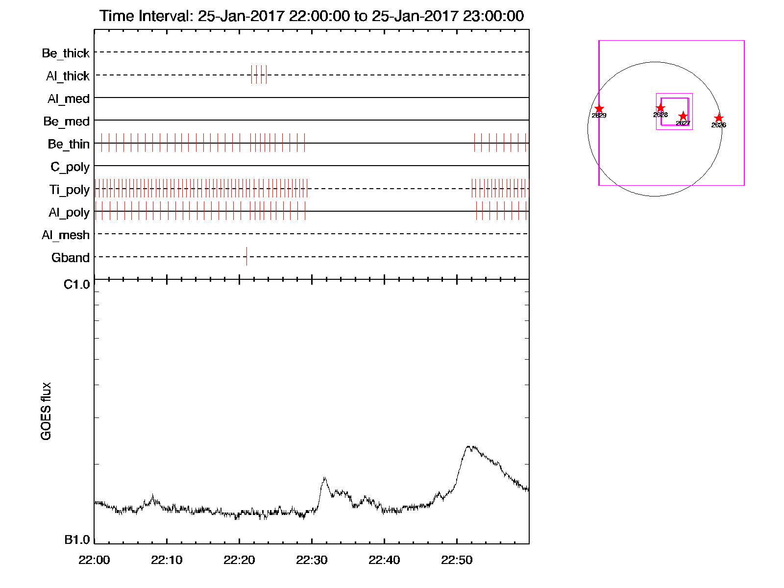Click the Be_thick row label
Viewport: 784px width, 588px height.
click(66, 53)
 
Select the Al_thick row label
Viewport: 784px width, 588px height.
click(68, 76)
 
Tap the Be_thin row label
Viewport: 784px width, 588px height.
click(69, 144)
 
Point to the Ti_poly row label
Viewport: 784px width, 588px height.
click(69, 190)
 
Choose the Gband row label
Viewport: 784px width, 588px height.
click(71, 258)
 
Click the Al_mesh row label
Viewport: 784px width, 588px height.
click(66, 235)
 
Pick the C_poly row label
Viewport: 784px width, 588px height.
click(70, 167)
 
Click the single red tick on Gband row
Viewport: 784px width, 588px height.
click(246, 256)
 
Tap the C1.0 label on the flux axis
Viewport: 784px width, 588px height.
click(77, 285)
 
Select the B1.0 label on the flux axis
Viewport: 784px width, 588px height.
click(77, 540)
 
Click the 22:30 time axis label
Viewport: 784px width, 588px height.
click(312, 560)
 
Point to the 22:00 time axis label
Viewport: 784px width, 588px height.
click(94, 560)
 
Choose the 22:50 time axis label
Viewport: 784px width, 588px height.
click(457, 560)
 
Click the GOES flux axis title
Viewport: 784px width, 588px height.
click(46, 411)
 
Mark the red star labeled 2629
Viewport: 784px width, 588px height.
click(599, 109)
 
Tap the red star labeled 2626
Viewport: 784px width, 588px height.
click(718, 118)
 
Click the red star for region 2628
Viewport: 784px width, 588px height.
click(661, 108)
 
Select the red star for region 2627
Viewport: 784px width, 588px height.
click(683, 116)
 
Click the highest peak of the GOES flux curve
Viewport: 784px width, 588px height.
click(469, 446)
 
